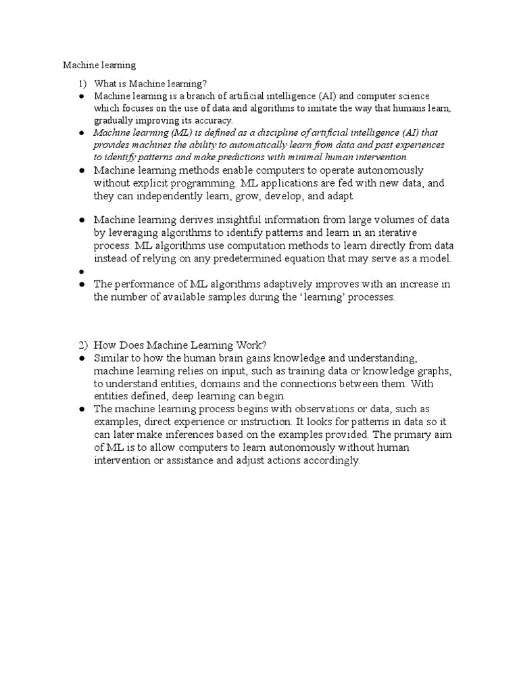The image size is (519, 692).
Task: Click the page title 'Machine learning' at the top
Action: point(99,66)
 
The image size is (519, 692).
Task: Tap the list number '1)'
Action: point(82,84)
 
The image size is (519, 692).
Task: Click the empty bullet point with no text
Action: point(80,272)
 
